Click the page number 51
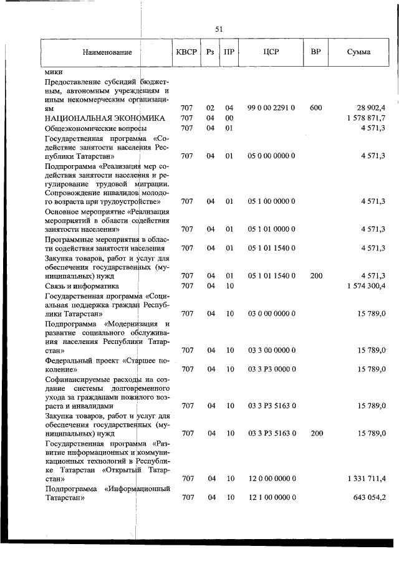(219, 29)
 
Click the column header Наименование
(107, 52)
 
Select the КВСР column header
(186, 52)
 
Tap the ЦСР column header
(271, 52)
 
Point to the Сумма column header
(358, 52)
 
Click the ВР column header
(315, 52)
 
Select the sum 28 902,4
(370, 108)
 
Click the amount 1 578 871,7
(364, 118)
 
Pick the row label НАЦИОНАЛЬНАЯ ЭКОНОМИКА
(104, 118)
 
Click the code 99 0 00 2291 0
(271, 108)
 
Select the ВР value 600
(315, 108)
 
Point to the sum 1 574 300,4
(364, 285)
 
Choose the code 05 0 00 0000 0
(271, 156)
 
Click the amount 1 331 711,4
(364, 478)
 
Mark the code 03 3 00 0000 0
(271, 350)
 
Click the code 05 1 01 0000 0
(271, 229)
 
